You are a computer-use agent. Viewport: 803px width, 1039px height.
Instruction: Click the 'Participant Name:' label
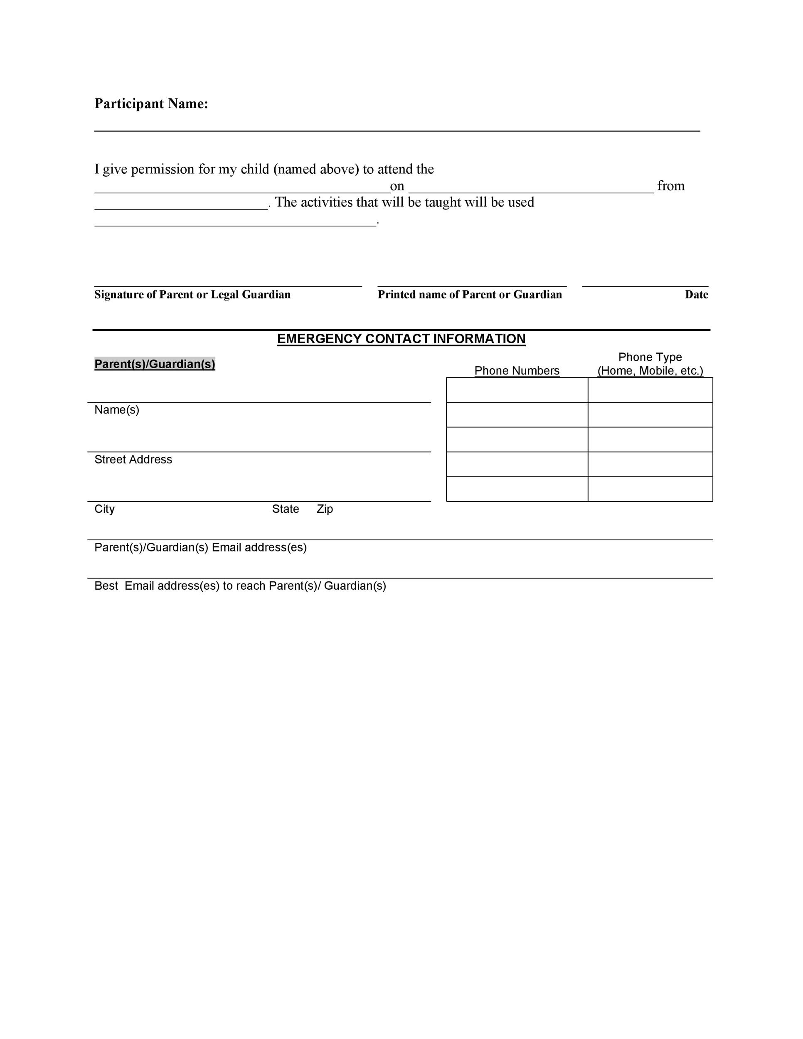coord(151,104)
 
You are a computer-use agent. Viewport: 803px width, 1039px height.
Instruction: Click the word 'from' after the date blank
coord(670,186)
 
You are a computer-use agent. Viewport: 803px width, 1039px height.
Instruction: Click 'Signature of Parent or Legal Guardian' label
coord(192,295)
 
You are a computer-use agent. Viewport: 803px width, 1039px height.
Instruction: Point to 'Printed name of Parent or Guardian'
coord(470,295)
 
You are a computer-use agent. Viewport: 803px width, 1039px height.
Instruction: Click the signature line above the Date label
coord(645,286)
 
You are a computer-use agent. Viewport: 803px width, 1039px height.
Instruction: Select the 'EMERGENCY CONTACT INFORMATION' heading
coord(401,339)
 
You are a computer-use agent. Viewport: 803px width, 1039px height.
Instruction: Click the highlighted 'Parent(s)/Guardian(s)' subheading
coord(155,364)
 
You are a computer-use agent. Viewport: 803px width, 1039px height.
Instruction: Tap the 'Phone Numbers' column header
coord(517,371)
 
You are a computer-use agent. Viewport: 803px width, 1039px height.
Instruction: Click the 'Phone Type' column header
coord(650,357)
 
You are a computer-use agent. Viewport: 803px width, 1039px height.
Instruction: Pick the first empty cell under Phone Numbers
coord(517,390)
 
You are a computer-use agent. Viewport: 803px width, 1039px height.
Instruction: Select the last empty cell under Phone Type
coord(650,489)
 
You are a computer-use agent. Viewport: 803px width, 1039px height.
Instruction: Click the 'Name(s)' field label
coord(116,410)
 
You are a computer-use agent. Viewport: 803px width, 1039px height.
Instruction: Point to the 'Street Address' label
coord(133,460)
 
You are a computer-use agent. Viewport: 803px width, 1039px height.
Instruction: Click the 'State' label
coord(286,509)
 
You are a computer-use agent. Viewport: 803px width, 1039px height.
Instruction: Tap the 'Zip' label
coord(325,509)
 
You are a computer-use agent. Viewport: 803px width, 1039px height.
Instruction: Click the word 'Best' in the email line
coord(106,586)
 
